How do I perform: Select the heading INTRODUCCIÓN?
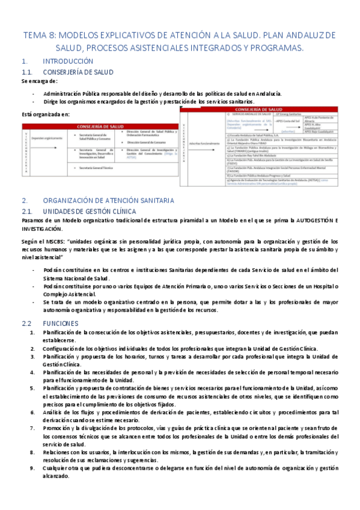68,61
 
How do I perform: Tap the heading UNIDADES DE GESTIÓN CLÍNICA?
90,211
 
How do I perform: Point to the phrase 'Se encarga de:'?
39,81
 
